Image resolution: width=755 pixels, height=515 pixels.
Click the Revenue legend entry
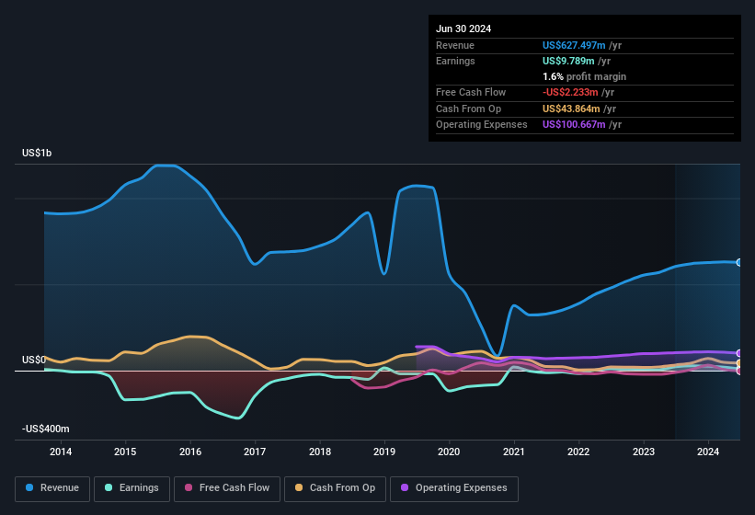[x=52, y=488]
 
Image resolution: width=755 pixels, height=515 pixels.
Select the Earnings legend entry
[x=132, y=488]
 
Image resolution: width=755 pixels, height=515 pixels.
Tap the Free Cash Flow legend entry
[x=229, y=488]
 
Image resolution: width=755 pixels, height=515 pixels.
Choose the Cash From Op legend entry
[x=335, y=488]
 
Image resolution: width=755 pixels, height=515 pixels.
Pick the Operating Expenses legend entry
[x=454, y=488]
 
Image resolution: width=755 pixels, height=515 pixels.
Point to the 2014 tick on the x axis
[x=61, y=452]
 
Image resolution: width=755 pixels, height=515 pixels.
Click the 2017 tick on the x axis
[x=255, y=452]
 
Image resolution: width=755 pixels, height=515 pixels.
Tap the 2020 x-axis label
[x=449, y=452]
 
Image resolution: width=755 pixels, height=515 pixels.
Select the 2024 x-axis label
[x=708, y=452]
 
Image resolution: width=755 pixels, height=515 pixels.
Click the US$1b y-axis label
[x=38, y=153]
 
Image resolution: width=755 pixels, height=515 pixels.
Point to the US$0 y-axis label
[x=34, y=360]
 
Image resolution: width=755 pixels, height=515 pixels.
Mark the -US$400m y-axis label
[x=47, y=429]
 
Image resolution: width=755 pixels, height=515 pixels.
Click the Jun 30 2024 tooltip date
[x=463, y=29]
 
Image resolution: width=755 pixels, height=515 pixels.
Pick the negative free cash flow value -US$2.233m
[x=573, y=92]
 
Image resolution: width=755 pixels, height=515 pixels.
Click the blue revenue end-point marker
[x=738, y=263]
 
